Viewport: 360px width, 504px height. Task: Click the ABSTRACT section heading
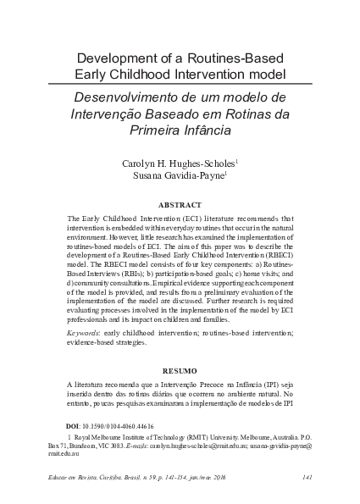click(180, 205)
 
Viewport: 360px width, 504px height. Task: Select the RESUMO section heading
click(180, 370)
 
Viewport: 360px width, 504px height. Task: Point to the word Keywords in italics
click(85, 334)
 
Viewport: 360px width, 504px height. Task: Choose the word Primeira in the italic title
click(152, 130)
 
